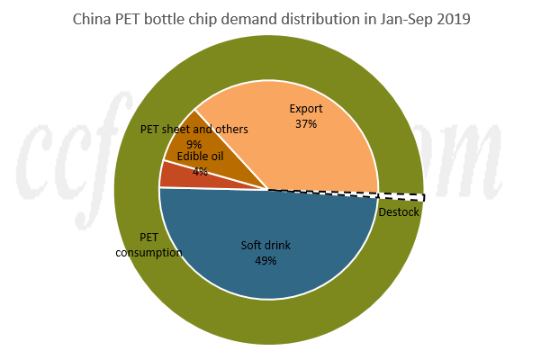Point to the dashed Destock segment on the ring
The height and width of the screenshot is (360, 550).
(401, 195)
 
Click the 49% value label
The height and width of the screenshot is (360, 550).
(265, 261)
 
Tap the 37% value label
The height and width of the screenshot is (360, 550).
(305, 124)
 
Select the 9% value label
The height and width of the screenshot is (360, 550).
(194, 143)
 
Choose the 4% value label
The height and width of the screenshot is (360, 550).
(200, 171)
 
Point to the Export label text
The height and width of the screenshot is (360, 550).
(305, 110)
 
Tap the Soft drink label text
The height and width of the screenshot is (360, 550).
(266, 246)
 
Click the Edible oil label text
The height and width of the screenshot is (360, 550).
(200, 157)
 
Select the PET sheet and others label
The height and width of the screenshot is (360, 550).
(194, 130)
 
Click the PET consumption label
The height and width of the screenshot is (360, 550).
(149, 245)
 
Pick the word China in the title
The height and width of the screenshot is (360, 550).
(93, 17)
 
